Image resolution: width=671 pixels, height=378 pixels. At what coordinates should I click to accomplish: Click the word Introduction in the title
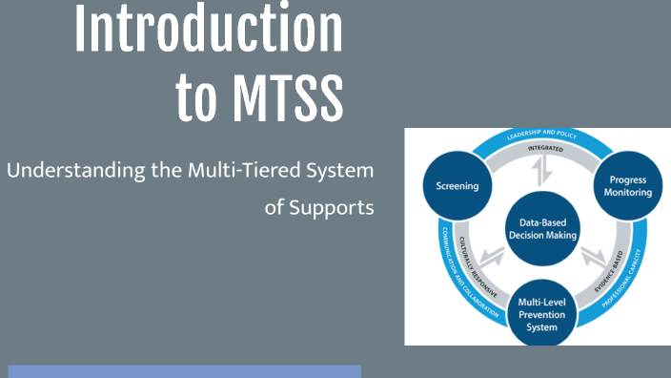[209, 30]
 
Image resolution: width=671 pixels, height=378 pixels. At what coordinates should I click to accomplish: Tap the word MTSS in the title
[284, 97]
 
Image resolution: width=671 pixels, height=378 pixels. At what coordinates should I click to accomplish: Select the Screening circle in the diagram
[456, 186]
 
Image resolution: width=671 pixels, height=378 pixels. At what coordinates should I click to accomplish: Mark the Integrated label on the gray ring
[539, 150]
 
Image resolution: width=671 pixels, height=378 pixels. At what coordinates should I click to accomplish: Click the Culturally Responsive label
[478, 266]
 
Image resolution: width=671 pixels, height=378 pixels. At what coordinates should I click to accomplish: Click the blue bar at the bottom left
[185, 371]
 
